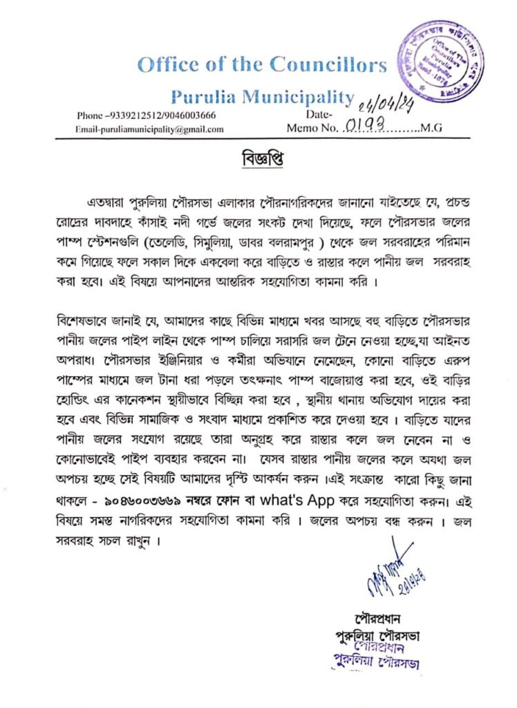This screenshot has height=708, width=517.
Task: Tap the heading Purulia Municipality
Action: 262,96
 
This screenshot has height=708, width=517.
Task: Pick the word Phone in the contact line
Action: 89,115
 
